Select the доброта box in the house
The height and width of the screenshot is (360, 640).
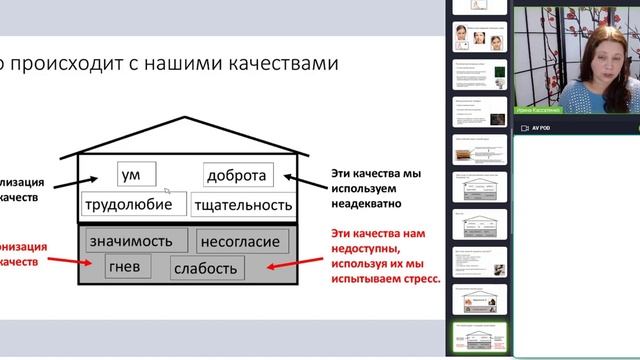click(x=237, y=175)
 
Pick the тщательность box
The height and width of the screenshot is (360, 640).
click(x=246, y=205)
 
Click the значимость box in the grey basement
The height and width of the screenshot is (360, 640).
click(x=137, y=240)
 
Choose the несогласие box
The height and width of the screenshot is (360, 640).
click(x=243, y=241)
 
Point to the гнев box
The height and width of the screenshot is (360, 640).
click(x=128, y=267)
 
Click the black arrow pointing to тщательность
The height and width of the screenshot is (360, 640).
click(x=312, y=182)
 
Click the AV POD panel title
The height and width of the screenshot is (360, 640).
click(x=541, y=129)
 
